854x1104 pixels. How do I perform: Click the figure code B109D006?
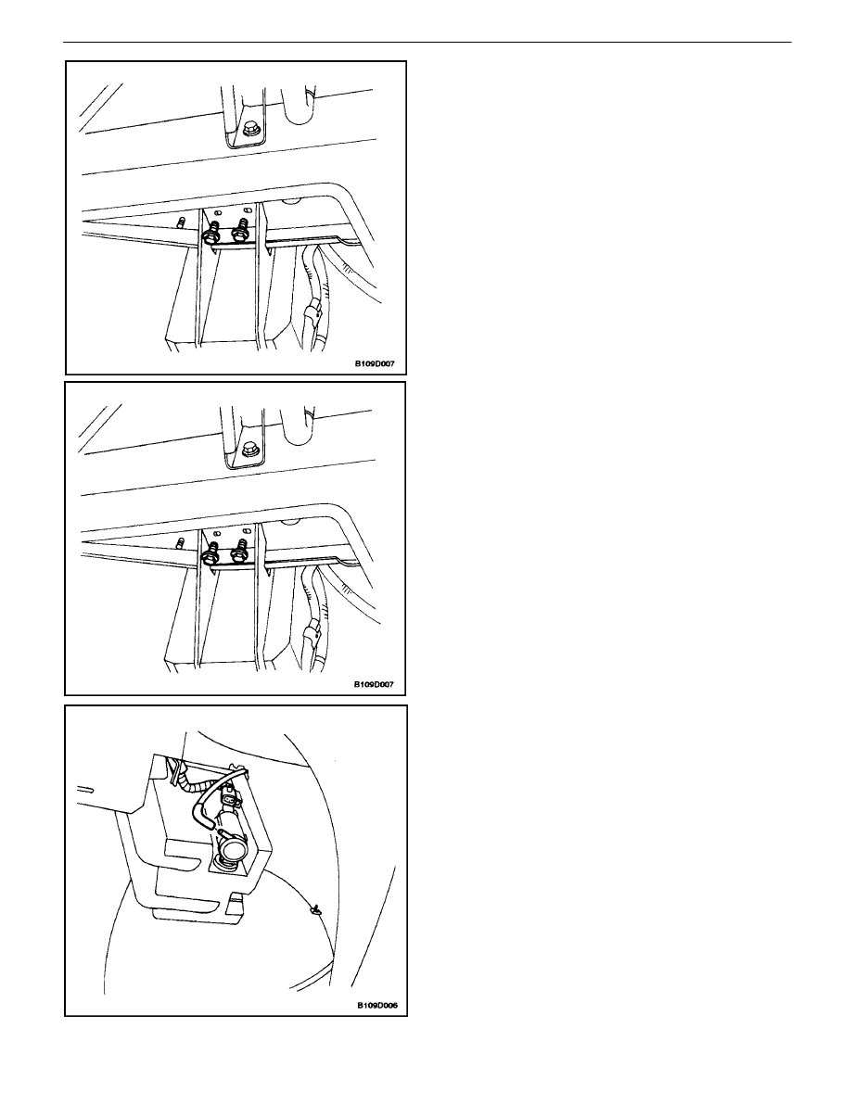coord(376,1006)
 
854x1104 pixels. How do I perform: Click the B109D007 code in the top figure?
coord(375,364)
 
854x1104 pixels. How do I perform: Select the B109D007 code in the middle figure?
coord(375,684)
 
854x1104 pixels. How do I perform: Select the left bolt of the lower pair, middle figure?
coord(210,552)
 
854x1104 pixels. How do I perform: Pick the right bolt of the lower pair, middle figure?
coord(241,549)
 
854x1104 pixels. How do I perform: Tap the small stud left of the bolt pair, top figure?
coord(180,224)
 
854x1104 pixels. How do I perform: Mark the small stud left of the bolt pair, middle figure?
coord(180,542)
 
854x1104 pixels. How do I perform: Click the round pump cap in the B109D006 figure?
coord(230,849)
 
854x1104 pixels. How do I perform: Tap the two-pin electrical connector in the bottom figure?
coord(230,799)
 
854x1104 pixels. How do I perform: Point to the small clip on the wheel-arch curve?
coord(312,911)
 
